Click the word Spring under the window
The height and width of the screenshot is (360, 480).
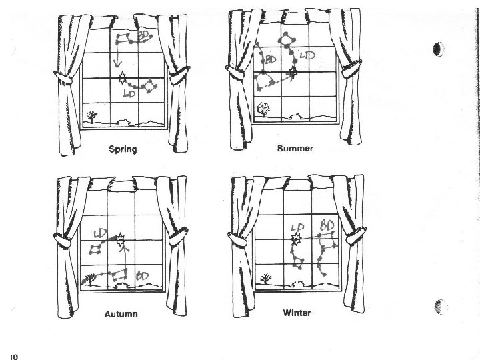pyautogui.click(x=123, y=149)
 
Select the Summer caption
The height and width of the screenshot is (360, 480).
pyautogui.click(x=295, y=148)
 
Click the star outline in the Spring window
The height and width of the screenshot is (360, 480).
pyautogui.click(x=122, y=80)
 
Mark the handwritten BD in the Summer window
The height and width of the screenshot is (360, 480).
pyautogui.click(x=271, y=60)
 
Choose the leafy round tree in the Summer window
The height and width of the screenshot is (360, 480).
pyautogui.click(x=264, y=108)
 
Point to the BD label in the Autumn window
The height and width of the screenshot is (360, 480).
pyautogui.click(x=142, y=275)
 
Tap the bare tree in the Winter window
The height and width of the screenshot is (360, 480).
pyautogui.click(x=265, y=279)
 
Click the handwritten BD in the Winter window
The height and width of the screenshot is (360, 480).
pyautogui.click(x=327, y=226)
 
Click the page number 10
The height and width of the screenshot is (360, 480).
pyautogui.click(x=13, y=355)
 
